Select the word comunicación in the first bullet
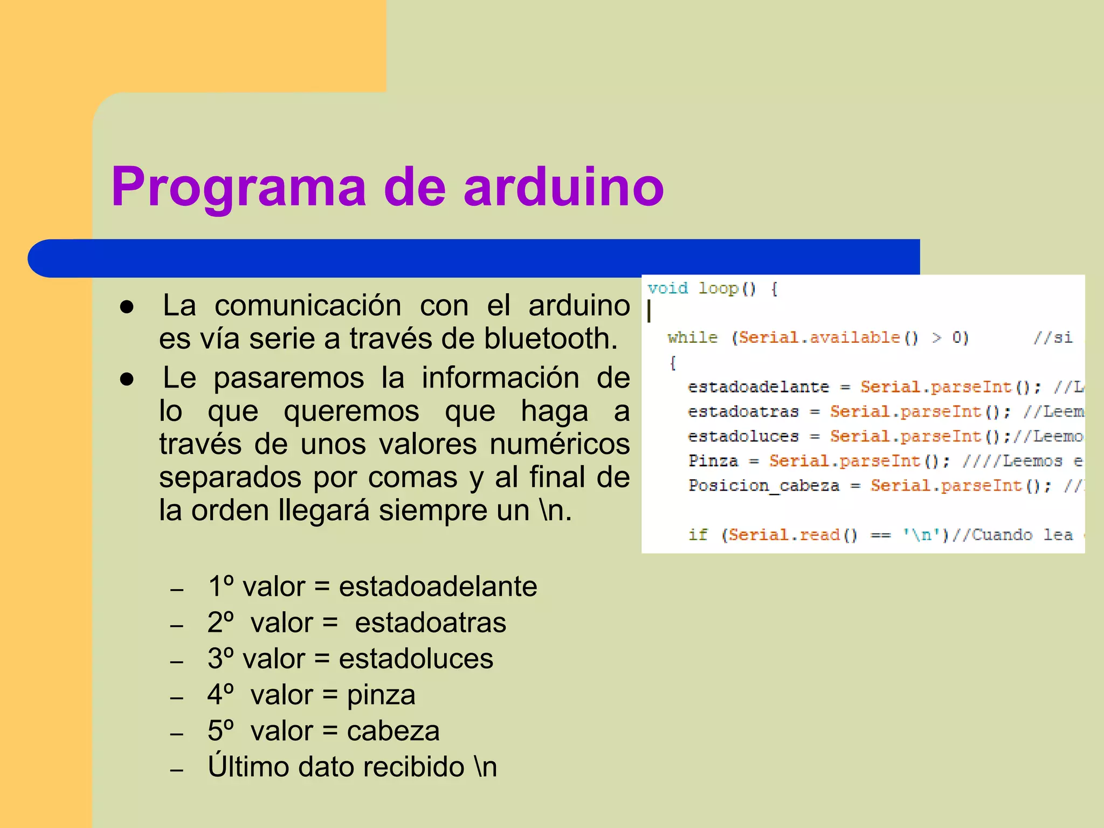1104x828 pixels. (x=308, y=306)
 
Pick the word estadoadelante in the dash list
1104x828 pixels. (x=438, y=586)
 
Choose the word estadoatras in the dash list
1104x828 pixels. (x=430, y=623)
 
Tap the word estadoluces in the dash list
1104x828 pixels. (x=416, y=659)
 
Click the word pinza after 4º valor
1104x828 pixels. (x=381, y=695)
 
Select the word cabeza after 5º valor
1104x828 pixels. (x=393, y=732)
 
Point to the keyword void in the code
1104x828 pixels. (x=667, y=288)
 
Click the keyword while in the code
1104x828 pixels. (x=692, y=338)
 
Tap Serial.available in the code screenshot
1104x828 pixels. (x=819, y=338)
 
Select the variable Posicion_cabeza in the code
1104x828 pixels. (x=763, y=486)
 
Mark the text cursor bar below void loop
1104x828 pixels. (x=649, y=311)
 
